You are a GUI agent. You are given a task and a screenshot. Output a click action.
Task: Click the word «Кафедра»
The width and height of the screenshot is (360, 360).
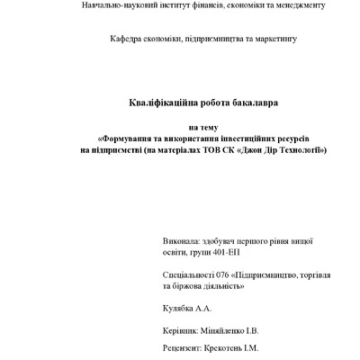tap(127, 40)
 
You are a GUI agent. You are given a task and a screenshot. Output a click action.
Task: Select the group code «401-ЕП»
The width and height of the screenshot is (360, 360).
tap(231, 254)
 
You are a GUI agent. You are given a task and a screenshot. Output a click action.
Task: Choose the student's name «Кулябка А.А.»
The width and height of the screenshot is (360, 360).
tap(187, 308)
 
